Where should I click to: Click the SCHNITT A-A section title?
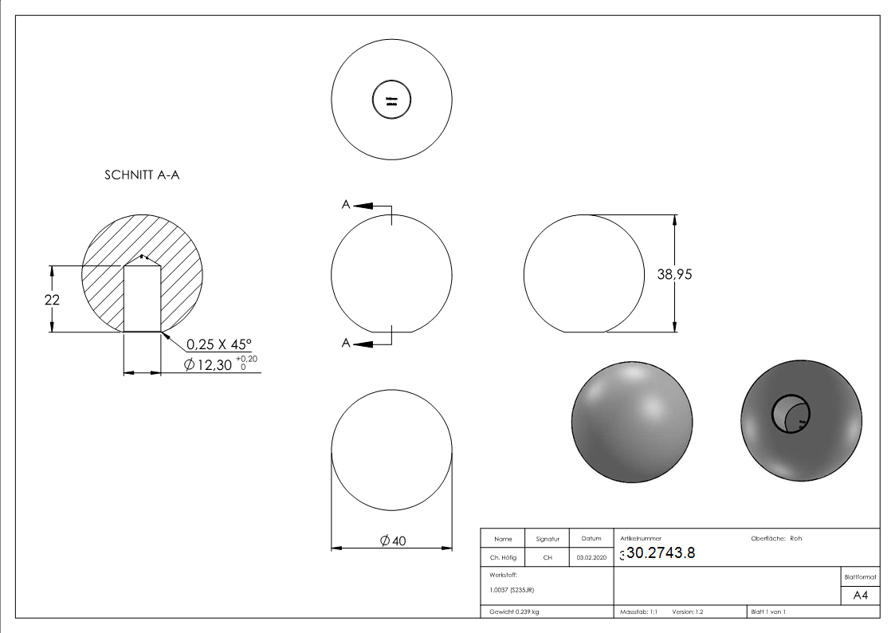tap(142, 175)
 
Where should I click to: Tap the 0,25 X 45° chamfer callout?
tap(218, 344)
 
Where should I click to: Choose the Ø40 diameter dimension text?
tap(393, 541)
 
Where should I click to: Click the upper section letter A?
tap(346, 205)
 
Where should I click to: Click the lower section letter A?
tap(346, 343)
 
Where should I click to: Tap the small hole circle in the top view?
tap(391, 101)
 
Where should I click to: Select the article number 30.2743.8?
tap(661, 554)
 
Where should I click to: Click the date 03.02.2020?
tap(591, 558)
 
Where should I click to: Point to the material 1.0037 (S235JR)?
tap(512, 589)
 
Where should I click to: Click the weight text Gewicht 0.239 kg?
tap(514, 612)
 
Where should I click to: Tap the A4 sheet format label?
tap(860, 596)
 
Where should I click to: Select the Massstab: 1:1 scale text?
tap(638, 612)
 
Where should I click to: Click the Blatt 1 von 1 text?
tap(767, 612)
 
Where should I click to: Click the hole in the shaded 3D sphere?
tap(790, 413)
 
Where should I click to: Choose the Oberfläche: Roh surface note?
tap(776, 538)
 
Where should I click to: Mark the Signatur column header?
tap(548, 539)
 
